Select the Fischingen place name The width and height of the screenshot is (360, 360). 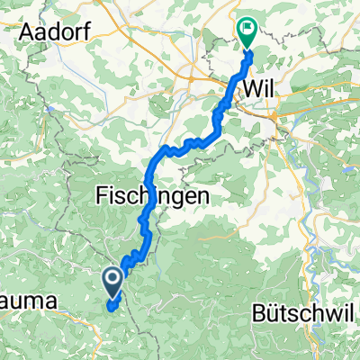click(x=153, y=194)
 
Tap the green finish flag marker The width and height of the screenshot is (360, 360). click(x=247, y=29)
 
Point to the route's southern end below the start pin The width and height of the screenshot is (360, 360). click(x=112, y=306)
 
